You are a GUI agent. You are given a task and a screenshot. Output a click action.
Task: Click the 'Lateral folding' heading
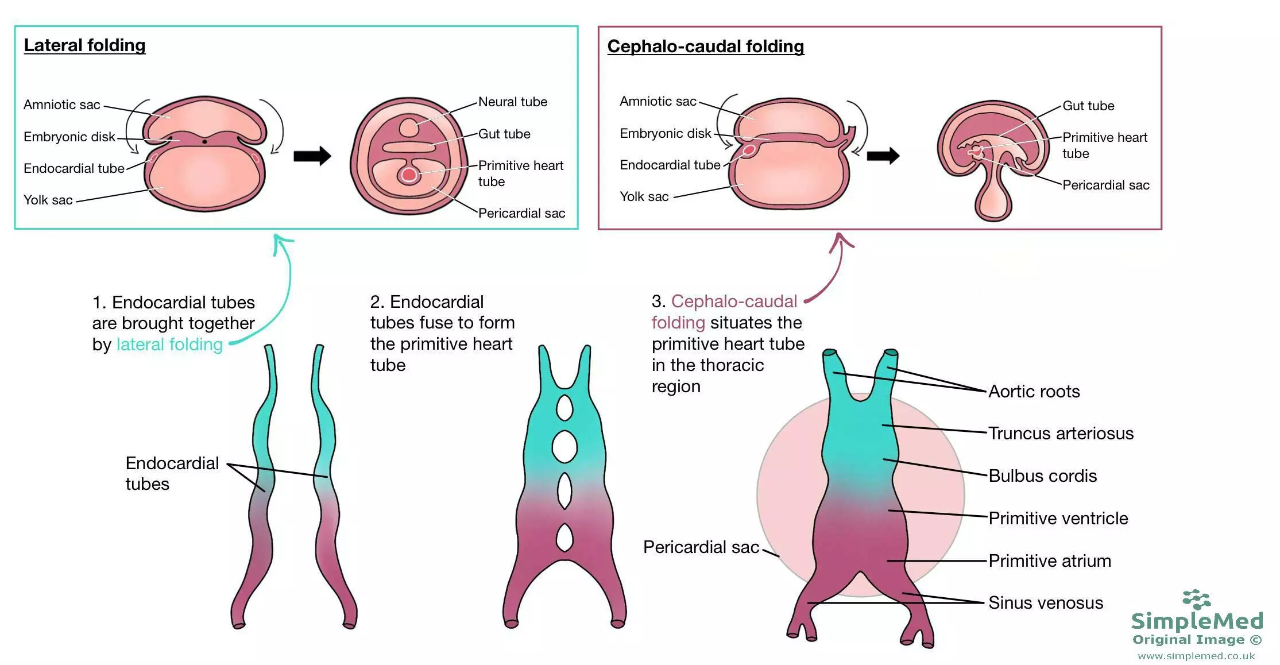click(x=84, y=45)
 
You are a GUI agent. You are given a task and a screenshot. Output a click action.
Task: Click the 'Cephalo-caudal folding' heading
click(x=706, y=47)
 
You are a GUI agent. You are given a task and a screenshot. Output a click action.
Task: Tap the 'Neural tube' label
click(x=513, y=102)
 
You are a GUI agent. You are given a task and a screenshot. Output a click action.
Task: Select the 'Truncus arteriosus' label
click(x=1061, y=433)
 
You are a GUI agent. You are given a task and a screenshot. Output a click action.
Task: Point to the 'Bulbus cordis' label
click(x=1043, y=475)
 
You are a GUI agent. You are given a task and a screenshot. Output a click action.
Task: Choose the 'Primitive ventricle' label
click(x=1058, y=518)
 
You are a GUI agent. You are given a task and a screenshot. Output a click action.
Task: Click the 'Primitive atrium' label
click(x=1050, y=560)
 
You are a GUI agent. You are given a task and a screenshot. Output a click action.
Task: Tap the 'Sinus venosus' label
click(x=1046, y=602)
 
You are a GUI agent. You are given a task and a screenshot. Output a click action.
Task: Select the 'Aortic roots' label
click(x=1034, y=391)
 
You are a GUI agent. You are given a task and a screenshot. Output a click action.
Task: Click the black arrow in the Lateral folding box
click(x=312, y=156)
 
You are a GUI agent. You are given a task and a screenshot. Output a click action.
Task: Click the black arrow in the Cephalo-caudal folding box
click(x=883, y=156)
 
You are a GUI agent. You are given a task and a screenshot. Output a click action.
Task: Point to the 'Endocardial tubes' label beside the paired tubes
click(x=172, y=473)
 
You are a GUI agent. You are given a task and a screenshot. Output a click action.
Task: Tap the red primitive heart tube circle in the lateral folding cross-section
click(x=409, y=175)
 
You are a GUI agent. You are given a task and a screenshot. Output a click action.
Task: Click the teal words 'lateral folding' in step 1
click(x=169, y=345)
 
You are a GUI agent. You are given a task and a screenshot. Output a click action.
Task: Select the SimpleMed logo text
click(x=1197, y=621)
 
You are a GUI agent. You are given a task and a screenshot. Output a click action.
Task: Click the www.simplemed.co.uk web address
click(x=1196, y=656)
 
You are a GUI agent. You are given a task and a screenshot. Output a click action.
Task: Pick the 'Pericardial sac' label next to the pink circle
click(x=701, y=547)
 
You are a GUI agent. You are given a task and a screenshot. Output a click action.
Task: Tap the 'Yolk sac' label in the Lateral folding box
click(x=48, y=200)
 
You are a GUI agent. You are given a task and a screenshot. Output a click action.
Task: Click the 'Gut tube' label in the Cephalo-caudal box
click(x=1088, y=106)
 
